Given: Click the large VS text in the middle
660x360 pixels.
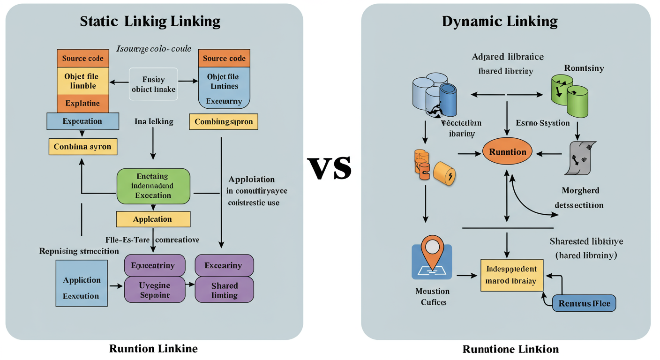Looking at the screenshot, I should tap(330, 168).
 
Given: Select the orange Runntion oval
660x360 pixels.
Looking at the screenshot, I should tap(508, 152).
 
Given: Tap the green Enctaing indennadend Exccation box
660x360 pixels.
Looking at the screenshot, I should tap(153, 186).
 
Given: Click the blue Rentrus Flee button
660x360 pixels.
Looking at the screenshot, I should tap(584, 303).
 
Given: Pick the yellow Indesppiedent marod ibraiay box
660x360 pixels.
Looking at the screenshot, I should tap(511, 275).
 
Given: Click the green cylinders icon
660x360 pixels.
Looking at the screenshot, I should tap(568, 96).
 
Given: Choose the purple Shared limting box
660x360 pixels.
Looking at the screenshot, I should tap(224, 290).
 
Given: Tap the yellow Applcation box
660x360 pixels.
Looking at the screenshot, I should tap(153, 219).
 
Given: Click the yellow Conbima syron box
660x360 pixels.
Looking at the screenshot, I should tap(82, 147).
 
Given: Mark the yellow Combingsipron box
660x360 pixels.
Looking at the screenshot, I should tap(224, 122).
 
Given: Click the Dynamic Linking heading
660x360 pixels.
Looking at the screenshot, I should tap(500, 21).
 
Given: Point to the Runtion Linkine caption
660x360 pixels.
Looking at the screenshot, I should tap(153, 348).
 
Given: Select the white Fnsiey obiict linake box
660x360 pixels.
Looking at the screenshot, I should tap(153, 84).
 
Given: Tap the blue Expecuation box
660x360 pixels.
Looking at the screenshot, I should tap(82, 121).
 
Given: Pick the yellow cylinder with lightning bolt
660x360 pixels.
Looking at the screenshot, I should tap(445, 174).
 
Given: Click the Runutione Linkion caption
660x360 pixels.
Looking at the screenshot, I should tap(510, 349).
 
